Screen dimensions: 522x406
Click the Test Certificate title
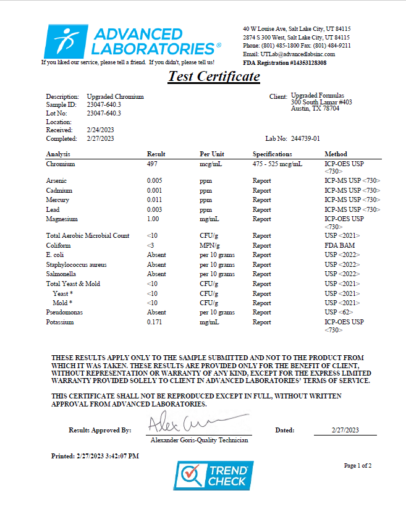(x=214, y=77)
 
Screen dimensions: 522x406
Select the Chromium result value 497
(x=153, y=164)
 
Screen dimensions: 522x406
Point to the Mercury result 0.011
(x=154, y=200)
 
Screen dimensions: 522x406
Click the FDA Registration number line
(x=285, y=63)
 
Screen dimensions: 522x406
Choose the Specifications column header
(x=272, y=154)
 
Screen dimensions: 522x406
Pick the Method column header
(x=336, y=154)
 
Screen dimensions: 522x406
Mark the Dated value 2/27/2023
(x=345, y=430)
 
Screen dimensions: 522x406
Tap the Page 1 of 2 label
(x=358, y=465)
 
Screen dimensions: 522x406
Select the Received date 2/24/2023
(x=100, y=130)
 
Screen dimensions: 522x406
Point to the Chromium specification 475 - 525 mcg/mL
(x=277, y=164)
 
